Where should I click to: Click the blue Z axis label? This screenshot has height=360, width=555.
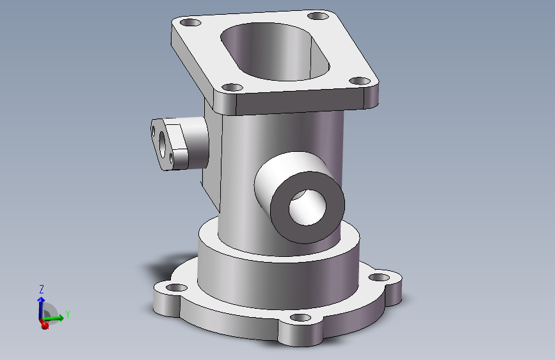(42, 289)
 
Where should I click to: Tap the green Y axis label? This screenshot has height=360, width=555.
(68, 315)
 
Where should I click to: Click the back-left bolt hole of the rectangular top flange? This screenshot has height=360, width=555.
(190, 22)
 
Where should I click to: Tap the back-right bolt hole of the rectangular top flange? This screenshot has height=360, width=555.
(318, 16)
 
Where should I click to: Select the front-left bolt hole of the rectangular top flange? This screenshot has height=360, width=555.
(232, 87)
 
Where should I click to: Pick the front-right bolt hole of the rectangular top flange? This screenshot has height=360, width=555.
(360, 81)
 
